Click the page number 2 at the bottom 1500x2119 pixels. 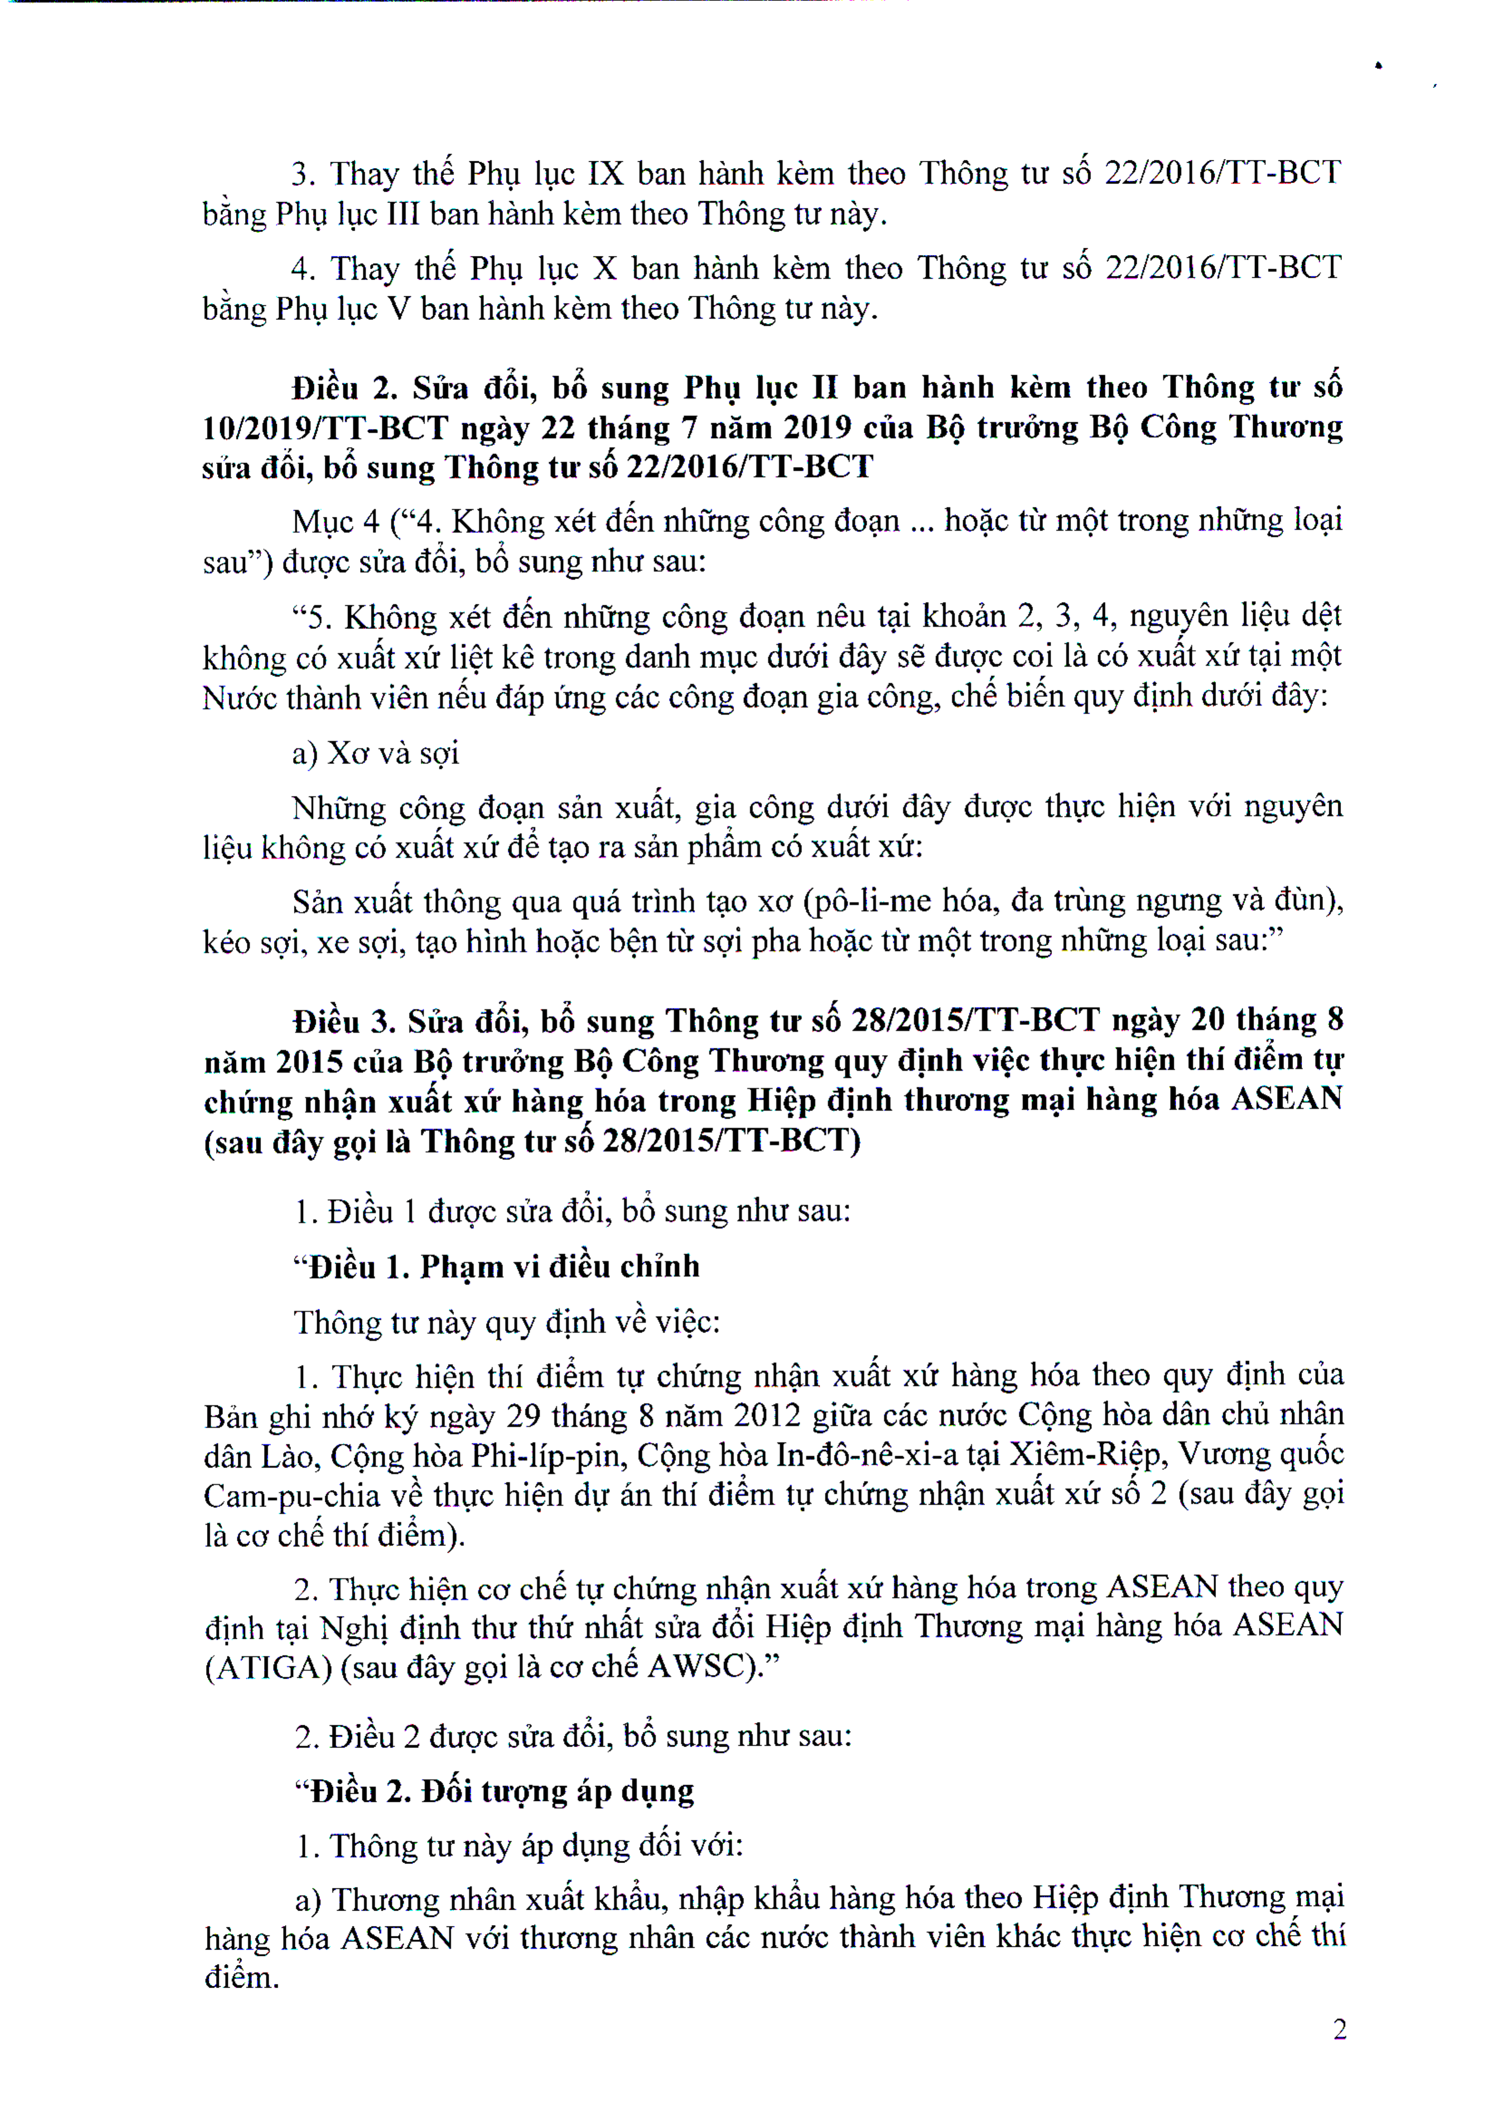[1339, 2029]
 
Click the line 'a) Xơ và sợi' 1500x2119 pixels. [375, 753]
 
